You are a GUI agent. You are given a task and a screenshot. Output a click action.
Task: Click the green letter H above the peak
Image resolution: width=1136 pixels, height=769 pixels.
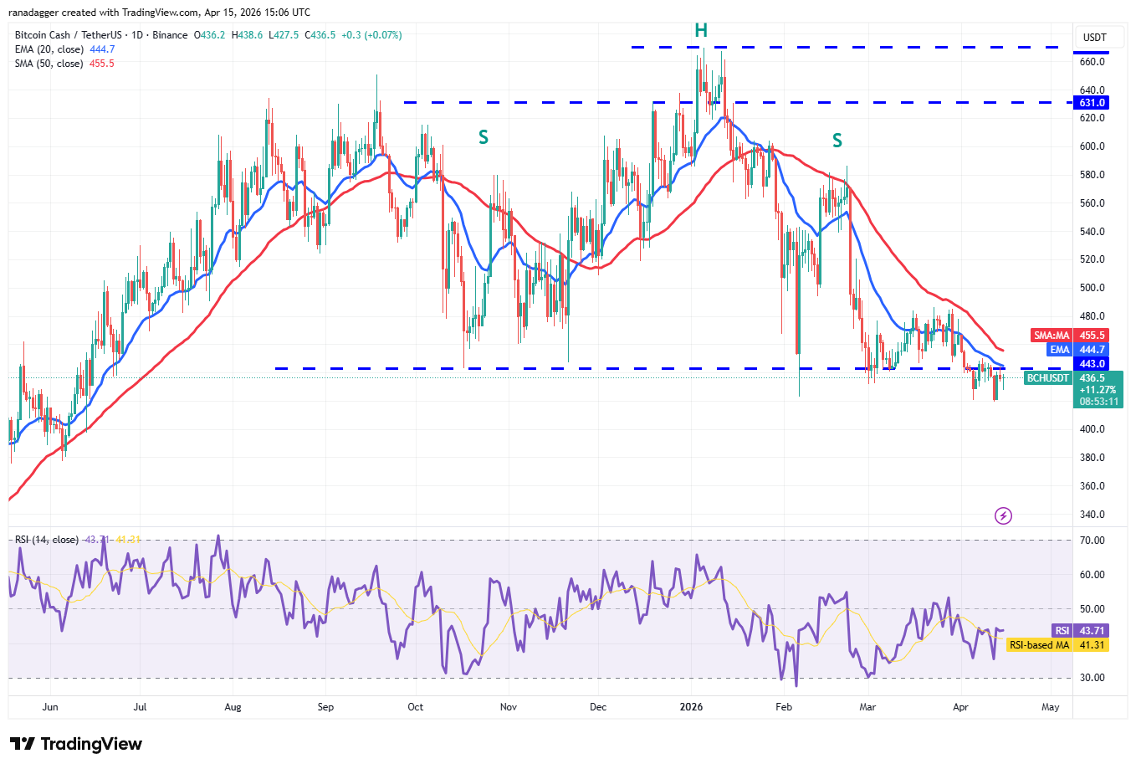coord(701,31)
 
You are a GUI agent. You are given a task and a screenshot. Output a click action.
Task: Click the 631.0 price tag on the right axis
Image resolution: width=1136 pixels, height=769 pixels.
coord(1092,103)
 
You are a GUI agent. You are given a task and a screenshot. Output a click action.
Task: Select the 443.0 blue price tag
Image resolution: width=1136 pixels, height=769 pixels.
coord(1092,364)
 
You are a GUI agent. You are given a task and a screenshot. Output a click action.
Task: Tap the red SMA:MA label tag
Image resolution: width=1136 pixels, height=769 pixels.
coord(1051,336)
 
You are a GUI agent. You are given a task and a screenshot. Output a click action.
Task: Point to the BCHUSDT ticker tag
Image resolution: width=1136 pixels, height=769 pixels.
coord(1048,378)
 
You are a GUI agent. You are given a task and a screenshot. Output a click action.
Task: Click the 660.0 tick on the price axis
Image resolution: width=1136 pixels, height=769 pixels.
coord(1092,62)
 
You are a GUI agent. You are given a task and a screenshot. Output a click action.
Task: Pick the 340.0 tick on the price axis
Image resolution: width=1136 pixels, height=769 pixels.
coord(1092,515)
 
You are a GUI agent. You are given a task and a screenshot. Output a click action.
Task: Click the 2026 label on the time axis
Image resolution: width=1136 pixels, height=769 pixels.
coord(691,707)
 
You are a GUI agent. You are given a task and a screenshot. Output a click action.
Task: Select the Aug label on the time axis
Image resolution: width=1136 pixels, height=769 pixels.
coord(233,707)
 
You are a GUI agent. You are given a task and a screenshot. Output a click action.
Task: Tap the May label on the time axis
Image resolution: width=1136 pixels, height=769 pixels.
coord(1051,707)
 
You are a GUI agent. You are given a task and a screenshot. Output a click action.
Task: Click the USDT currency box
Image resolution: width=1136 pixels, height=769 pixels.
coord(1094,38)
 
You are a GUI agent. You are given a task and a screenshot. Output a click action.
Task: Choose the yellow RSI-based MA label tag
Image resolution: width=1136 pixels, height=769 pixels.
coord(1039,645)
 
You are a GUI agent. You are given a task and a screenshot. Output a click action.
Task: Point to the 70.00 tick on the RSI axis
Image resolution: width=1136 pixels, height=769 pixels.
coord(1092,541)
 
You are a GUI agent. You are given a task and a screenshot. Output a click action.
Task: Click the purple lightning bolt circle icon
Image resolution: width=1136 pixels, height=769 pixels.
coord(1003,515)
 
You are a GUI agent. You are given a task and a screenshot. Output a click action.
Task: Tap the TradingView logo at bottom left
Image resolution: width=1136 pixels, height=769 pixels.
coord(76,744)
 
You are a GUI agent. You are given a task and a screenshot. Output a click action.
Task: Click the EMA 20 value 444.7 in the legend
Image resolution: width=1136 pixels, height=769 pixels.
coord(102,49)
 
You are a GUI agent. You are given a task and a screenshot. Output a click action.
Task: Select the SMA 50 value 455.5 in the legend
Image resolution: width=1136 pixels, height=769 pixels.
coord(101,64)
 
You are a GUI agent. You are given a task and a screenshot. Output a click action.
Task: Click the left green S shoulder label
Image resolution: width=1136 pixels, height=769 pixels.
coord(484,137)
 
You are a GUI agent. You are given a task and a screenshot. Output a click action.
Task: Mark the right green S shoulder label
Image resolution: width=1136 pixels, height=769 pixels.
coord(837,141)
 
